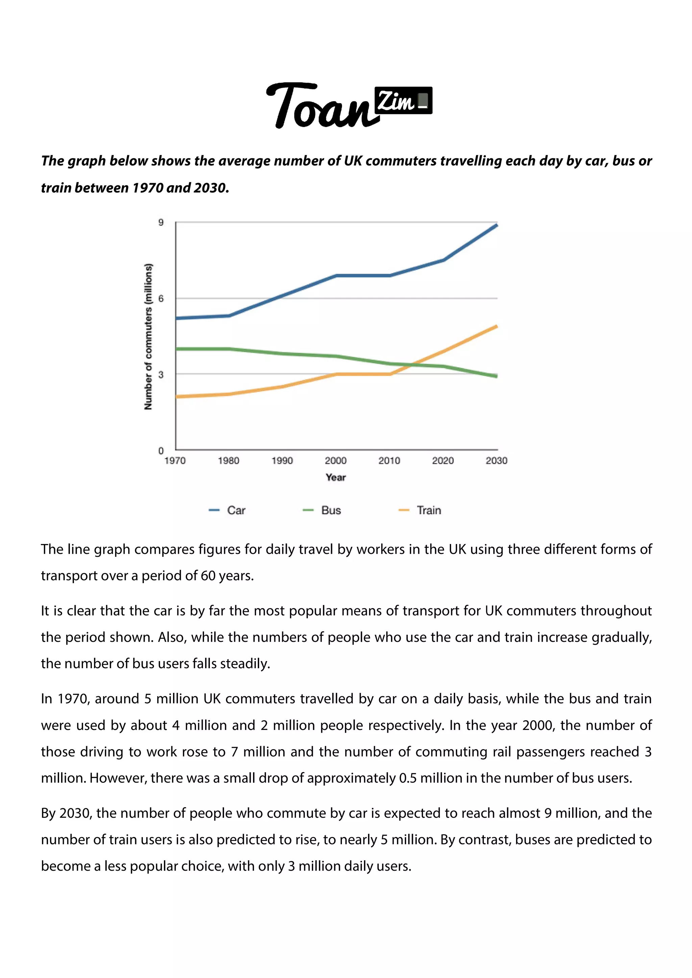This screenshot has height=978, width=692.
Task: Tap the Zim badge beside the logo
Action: pos(403,101)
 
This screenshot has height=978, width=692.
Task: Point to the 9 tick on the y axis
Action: pos(161,222)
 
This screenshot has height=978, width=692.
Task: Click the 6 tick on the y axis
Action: pos(161,299)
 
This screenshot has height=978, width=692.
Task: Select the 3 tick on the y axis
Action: pos(161,374)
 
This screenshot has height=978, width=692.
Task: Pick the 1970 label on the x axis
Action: pos(175,460)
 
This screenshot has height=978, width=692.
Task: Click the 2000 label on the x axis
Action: pos(336,460)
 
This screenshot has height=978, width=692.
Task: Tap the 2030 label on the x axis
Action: pos(496,460)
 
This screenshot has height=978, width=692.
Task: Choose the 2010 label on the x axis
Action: pos(389,460)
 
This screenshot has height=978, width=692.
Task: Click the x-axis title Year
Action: pos(336,478)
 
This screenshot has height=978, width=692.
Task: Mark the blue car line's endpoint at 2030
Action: pos(497,225)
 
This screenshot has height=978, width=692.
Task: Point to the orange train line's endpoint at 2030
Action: pos(497,326)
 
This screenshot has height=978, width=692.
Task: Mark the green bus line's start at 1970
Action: pos(176,349)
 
